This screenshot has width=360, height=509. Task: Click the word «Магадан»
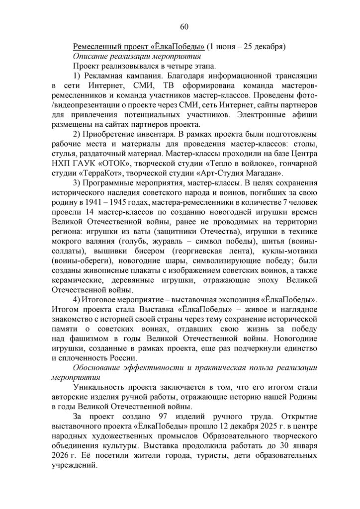point(264,172)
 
